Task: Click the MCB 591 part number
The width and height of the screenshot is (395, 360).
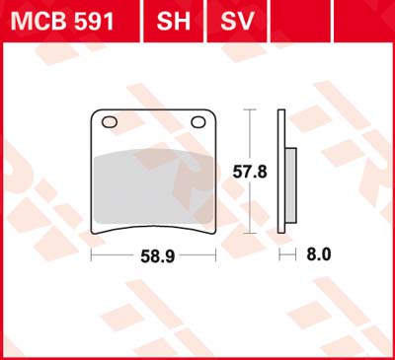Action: click(x=62, y=22)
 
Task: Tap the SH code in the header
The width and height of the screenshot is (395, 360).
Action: click(x=174, y=22)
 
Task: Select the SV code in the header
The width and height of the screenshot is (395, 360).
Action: click(x=237, y=22)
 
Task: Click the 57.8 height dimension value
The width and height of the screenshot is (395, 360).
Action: click(x=250, y=172)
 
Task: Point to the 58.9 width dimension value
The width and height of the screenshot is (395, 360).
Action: click(x=158, y=256)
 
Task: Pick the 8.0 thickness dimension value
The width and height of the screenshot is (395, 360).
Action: click(x=319, y=254)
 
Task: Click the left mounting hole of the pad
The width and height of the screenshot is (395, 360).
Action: click(x=110, y=122)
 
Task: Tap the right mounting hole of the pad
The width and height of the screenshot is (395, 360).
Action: click(x=198, y=122)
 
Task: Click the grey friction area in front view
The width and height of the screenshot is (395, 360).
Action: click(x=154, y=186)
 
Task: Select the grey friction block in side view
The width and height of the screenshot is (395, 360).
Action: click(x=291, y=185)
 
